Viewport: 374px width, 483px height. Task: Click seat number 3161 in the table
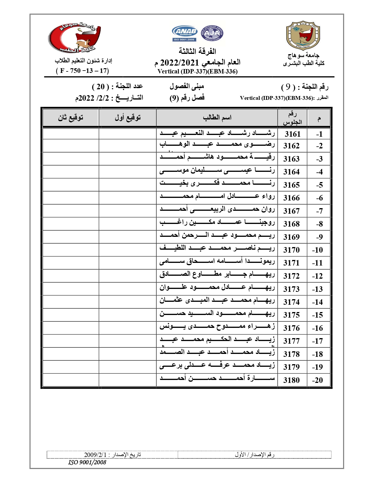click(x=292, y=134)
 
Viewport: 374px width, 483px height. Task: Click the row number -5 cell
click(x=319, y=185)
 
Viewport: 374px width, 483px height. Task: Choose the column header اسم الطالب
click(x=217, y=118)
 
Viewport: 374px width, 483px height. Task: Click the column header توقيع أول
click(x=128, y=118)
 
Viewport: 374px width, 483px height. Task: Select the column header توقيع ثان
click(x=71, y=118)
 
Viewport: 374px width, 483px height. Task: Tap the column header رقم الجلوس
click(x=292, y=118)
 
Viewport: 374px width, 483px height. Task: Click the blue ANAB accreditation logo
click(x=185, y=33)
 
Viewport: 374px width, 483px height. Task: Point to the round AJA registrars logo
click(x=212, y=33)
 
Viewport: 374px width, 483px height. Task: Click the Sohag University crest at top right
click(x=303, y=35)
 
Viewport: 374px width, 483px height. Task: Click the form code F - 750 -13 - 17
click(x=82, y=71)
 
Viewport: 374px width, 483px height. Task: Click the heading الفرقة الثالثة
click(x=197, y=51)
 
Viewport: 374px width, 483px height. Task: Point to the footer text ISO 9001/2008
click(x=87, y=462)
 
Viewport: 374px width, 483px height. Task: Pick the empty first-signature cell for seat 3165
click(x=128, y=185)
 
